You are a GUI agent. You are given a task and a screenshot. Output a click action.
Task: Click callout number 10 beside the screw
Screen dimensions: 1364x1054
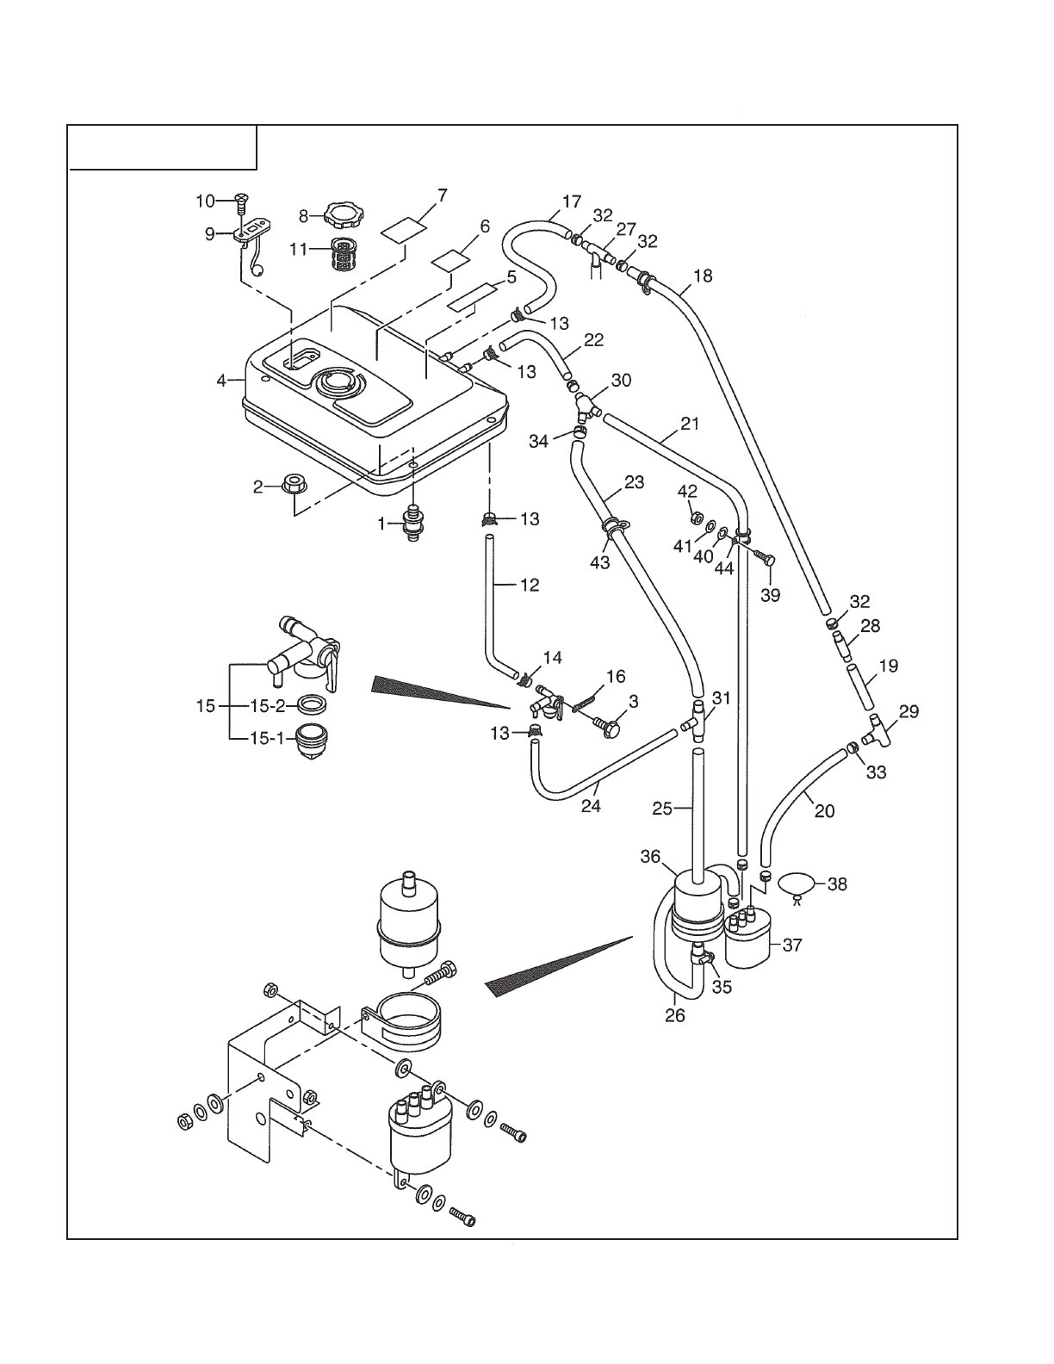coord(205,201)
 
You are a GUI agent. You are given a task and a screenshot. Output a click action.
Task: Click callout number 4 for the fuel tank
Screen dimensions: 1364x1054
coord(221,380)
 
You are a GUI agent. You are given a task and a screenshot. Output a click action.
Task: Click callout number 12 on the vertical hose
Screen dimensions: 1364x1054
coord(530,585)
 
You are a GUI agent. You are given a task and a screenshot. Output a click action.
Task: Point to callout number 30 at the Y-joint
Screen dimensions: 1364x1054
coord(621,380)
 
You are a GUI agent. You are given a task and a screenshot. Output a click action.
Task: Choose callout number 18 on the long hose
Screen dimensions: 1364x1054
coord(703,276)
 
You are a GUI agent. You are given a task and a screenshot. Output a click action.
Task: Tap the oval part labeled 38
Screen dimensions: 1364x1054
coord(797,884)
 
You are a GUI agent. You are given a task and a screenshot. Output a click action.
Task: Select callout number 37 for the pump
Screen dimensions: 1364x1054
coord(791,945)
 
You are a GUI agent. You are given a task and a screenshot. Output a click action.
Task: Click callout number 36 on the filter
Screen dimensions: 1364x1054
coord(650,857)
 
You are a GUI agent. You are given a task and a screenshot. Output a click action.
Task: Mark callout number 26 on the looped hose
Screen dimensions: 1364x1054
coord(675,1015)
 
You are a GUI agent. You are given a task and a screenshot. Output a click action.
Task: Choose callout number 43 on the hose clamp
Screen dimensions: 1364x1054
coord(599,562)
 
